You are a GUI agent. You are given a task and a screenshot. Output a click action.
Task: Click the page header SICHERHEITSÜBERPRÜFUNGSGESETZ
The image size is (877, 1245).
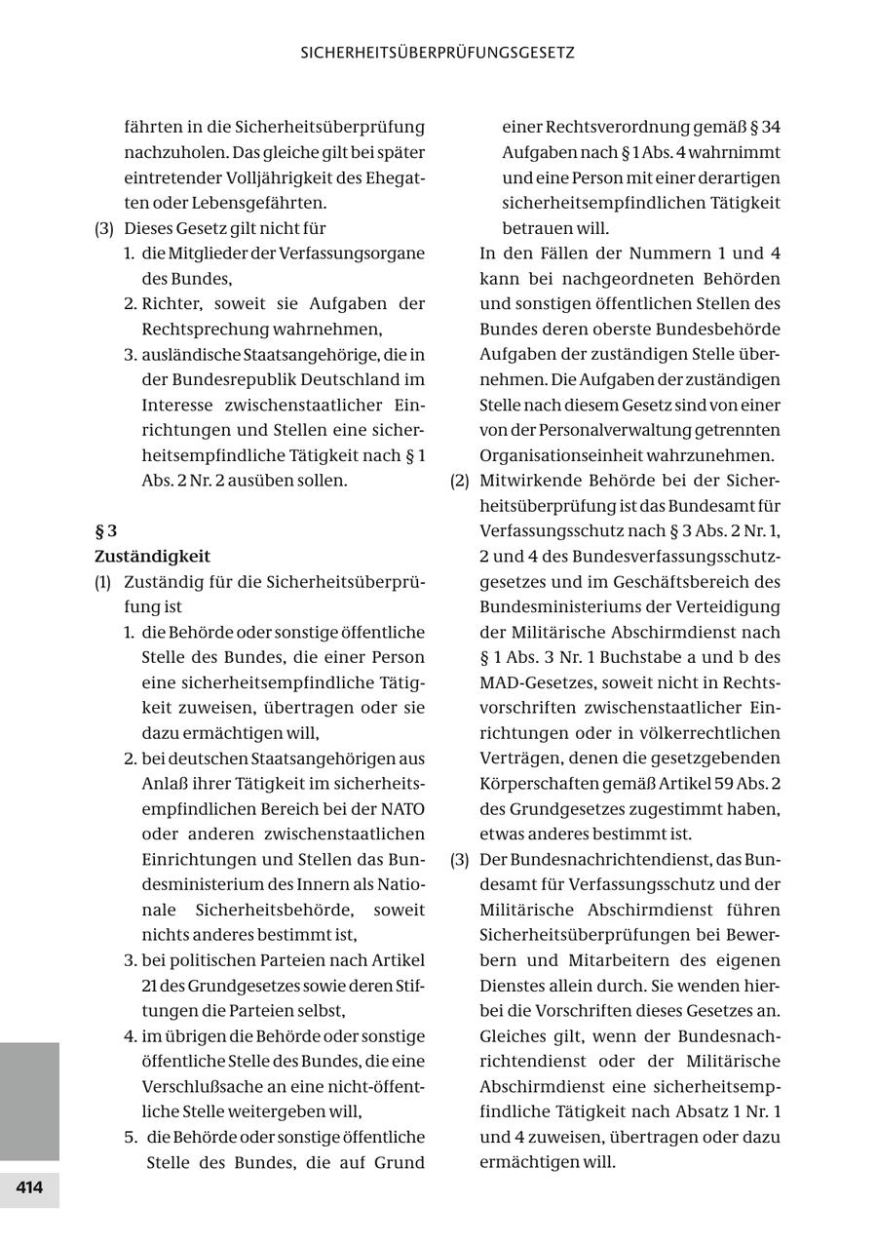tap(438, 53)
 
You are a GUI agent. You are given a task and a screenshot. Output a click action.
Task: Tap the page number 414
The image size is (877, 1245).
tap(29, 1188)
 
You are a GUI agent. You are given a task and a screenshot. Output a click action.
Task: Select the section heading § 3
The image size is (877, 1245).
tap(105, 531)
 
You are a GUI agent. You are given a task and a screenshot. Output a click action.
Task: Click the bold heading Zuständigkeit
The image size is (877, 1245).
tap(152, 557)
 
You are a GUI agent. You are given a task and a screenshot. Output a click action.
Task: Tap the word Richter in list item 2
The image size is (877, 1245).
tap(172, 303)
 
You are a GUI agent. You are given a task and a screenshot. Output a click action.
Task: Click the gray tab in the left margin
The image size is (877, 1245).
tap(29, 1102)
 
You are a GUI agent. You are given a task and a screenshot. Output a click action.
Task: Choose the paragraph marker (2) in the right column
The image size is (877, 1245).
tap(460, 481)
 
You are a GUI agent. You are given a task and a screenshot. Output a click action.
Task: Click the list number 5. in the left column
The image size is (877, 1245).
tap(133, 1137)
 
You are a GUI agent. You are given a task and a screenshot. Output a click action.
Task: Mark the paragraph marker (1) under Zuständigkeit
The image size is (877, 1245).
tap(103, 582)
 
